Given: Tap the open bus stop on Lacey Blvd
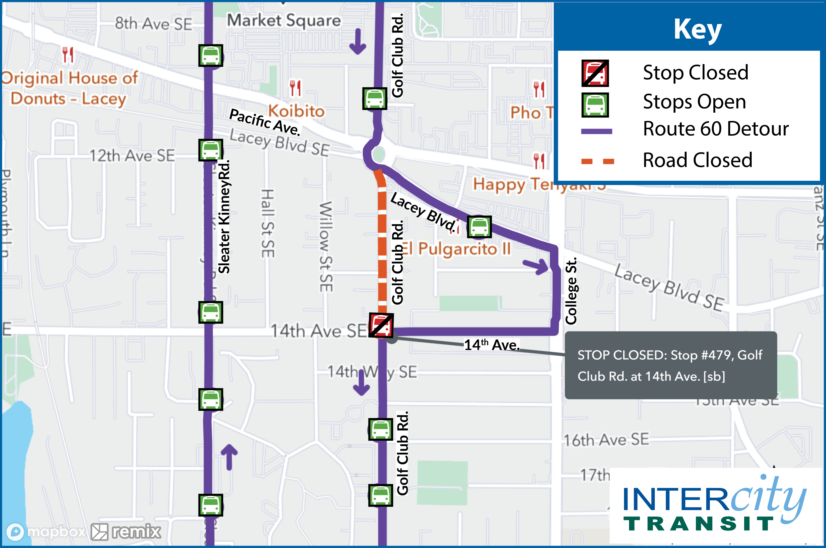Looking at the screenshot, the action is pos(479,227).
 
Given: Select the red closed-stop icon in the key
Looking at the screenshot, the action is pos(595,73).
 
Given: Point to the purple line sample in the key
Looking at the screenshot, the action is pos(596,131).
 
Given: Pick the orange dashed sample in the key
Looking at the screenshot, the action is pos(597,161).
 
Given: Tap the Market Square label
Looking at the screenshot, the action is pos(284,20).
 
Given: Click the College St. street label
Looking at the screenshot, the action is pos(571,291).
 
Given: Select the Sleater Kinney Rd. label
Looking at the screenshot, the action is pos(224,217).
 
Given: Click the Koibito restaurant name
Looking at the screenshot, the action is pos(296,111).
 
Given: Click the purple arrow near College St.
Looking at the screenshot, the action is pos(536,266).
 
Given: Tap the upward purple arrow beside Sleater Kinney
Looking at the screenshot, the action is pos(229,456).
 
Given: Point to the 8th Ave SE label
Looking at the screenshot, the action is pos(153,24).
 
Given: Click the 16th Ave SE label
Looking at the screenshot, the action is pos(606,440).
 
